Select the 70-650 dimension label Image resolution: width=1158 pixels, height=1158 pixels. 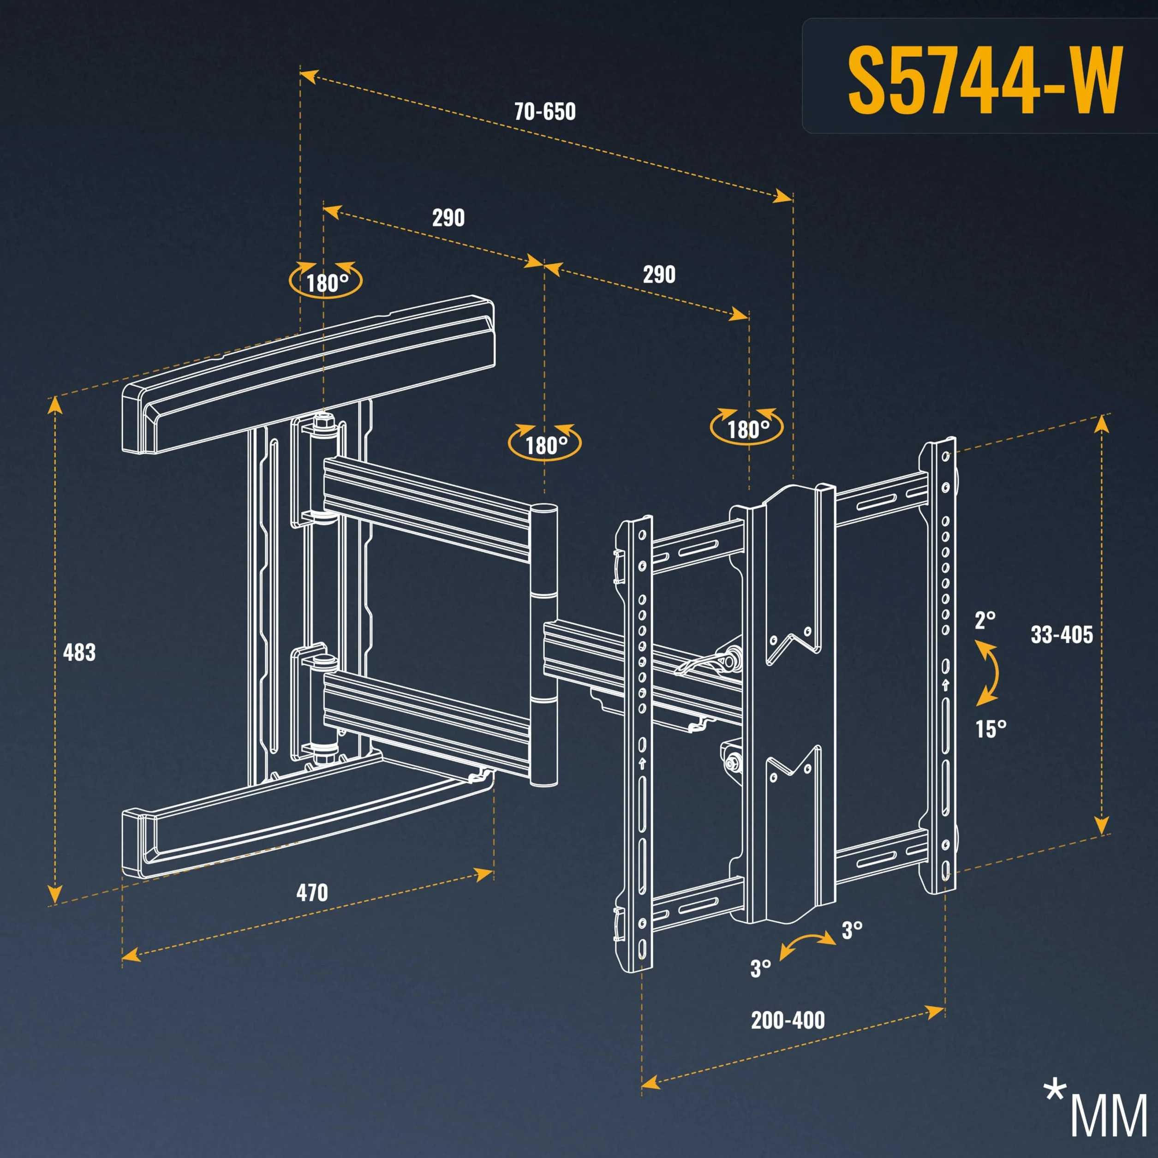pyautogui.click(x=545, y=112)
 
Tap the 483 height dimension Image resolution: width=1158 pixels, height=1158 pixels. pyautogui.click(x=79, y=652)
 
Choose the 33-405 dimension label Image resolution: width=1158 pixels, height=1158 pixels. pyautogui.click(x=1062, y=634)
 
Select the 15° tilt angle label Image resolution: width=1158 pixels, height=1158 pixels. pyautogui.click(x=990, y=729)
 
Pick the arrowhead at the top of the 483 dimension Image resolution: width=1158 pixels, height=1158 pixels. pyautogui.click(x=54, y=405)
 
